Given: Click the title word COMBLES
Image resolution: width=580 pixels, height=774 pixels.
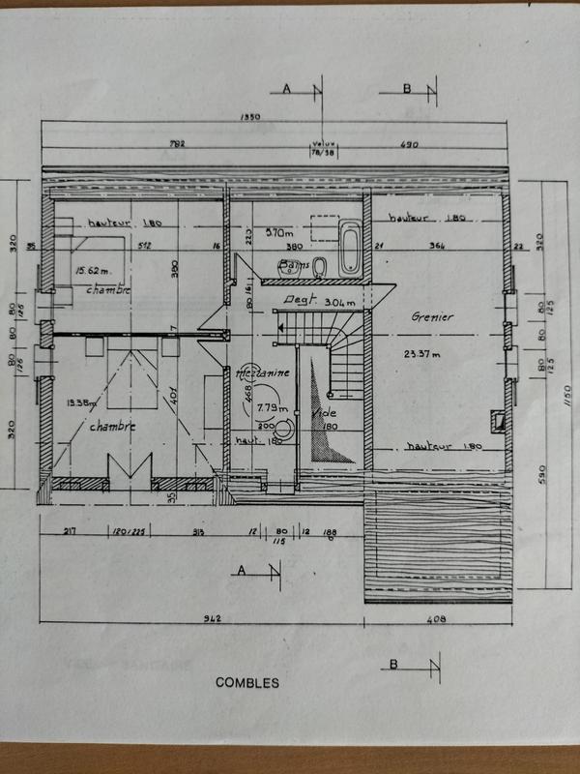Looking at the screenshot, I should [x=248, y=683].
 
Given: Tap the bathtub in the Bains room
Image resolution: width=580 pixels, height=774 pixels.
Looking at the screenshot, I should [x=349, y=248].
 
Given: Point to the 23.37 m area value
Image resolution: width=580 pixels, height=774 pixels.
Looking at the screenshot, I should [x=422, y=353].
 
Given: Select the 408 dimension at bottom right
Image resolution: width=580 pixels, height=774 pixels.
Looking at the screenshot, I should [x=436, y=618].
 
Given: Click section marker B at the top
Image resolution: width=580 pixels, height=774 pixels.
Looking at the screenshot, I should [x=407, y=89].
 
